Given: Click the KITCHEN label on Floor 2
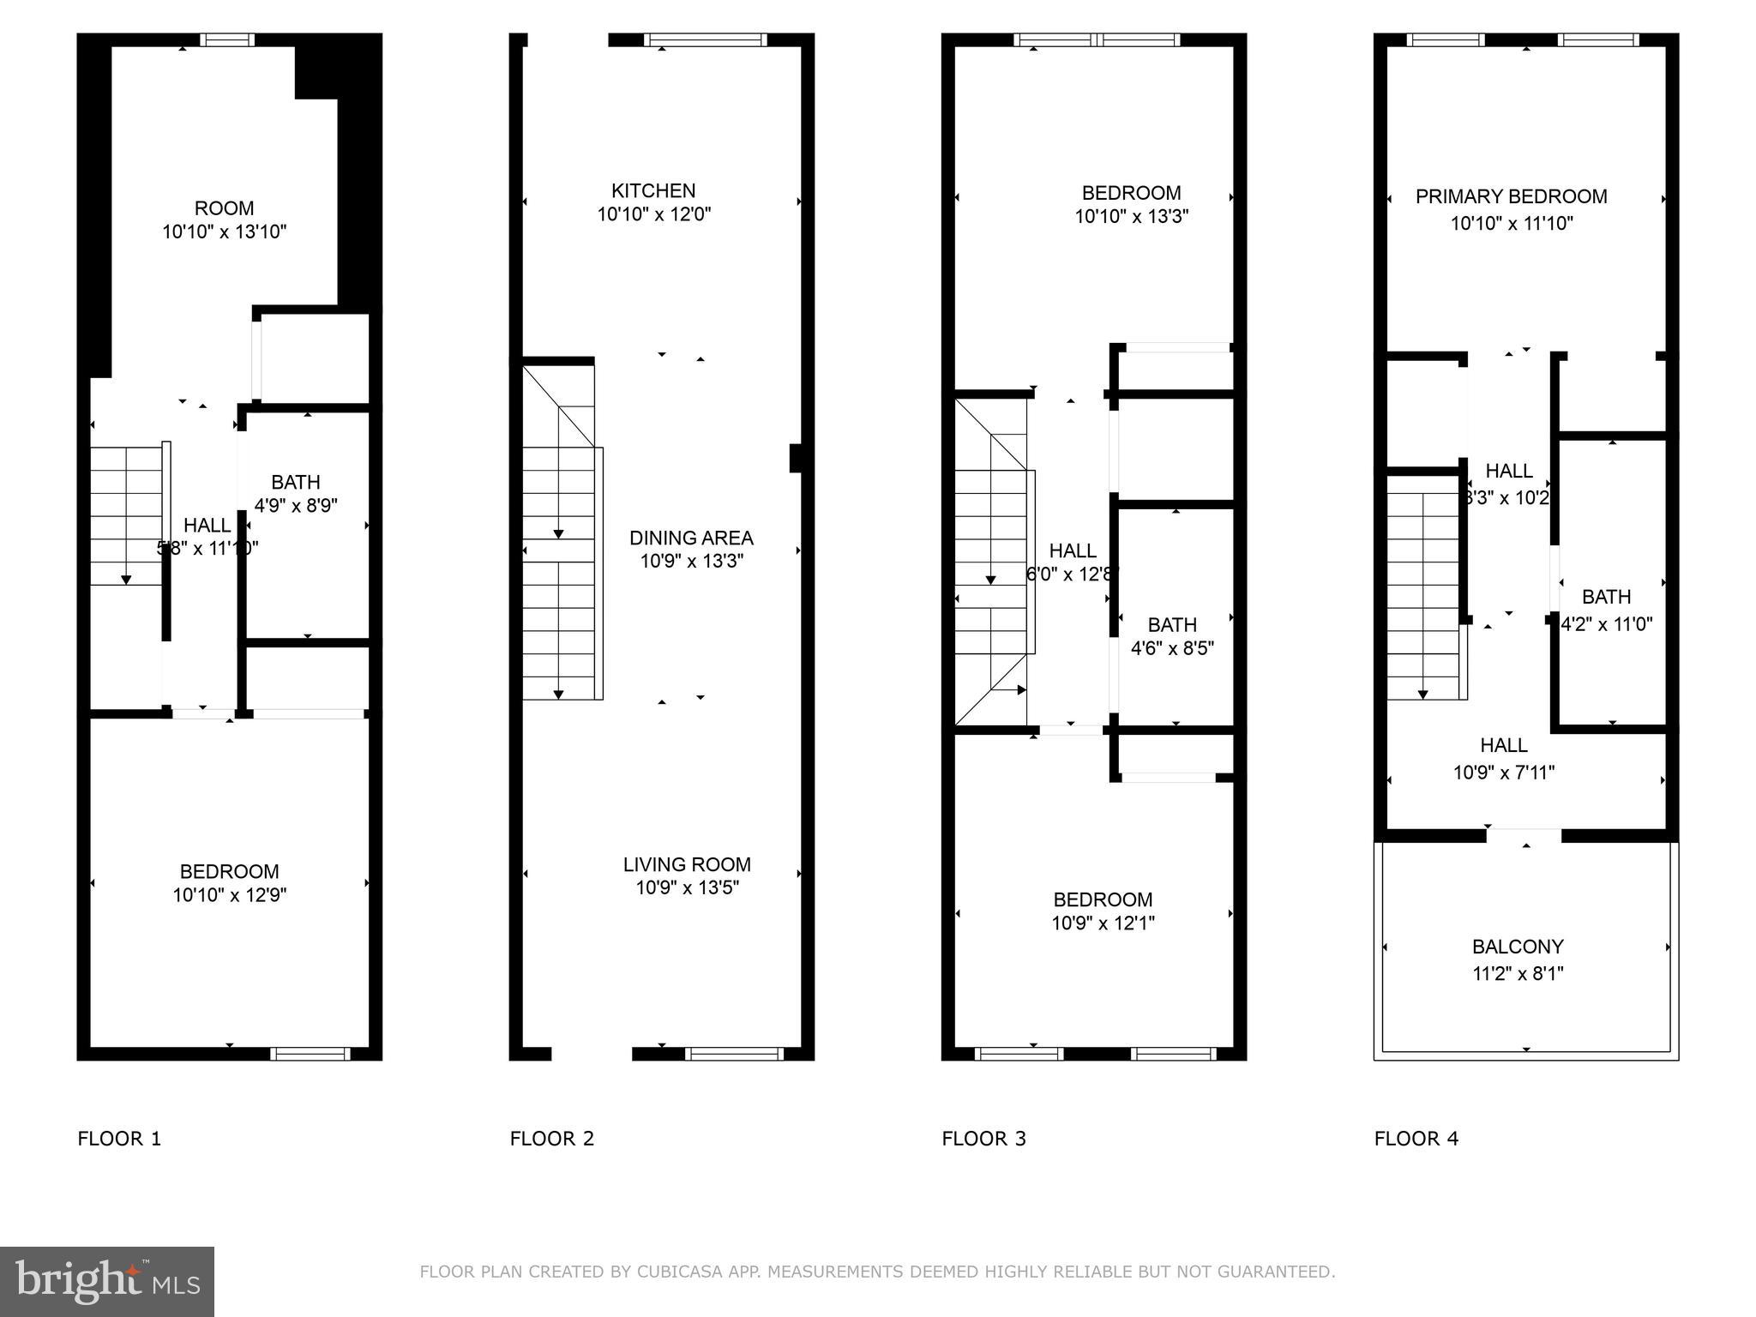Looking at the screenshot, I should (x=653, y=190).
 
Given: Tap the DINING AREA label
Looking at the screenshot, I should (x=691, y=538).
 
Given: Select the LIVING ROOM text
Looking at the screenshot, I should (x=687, y=864).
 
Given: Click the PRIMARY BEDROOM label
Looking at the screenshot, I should (x=1511, y=196).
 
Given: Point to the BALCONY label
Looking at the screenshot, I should (x=1518, y=947).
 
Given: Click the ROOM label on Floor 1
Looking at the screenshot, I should (x=224, y=208).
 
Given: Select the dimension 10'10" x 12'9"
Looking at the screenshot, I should (x=229, y=895).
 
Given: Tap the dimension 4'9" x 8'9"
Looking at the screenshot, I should (x=296, y=505).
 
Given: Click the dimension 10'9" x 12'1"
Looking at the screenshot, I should (x=1103, y=923).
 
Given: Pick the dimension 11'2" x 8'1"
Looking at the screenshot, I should (x=1518, y=973).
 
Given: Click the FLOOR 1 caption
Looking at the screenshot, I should (x=119, y=1139).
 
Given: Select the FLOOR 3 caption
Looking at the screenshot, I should (x=983, y=1139).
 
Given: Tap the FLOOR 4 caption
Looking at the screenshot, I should (x=1416, y=1139).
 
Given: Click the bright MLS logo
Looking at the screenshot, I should (x=107, y=1281).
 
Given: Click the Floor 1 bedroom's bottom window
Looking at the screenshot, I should (x=310, y=1054).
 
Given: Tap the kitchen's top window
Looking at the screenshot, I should (x=705, y=39).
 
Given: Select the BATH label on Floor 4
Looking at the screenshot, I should (x=1606, y=597).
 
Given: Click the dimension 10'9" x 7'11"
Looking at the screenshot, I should (x=1504, y=773).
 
